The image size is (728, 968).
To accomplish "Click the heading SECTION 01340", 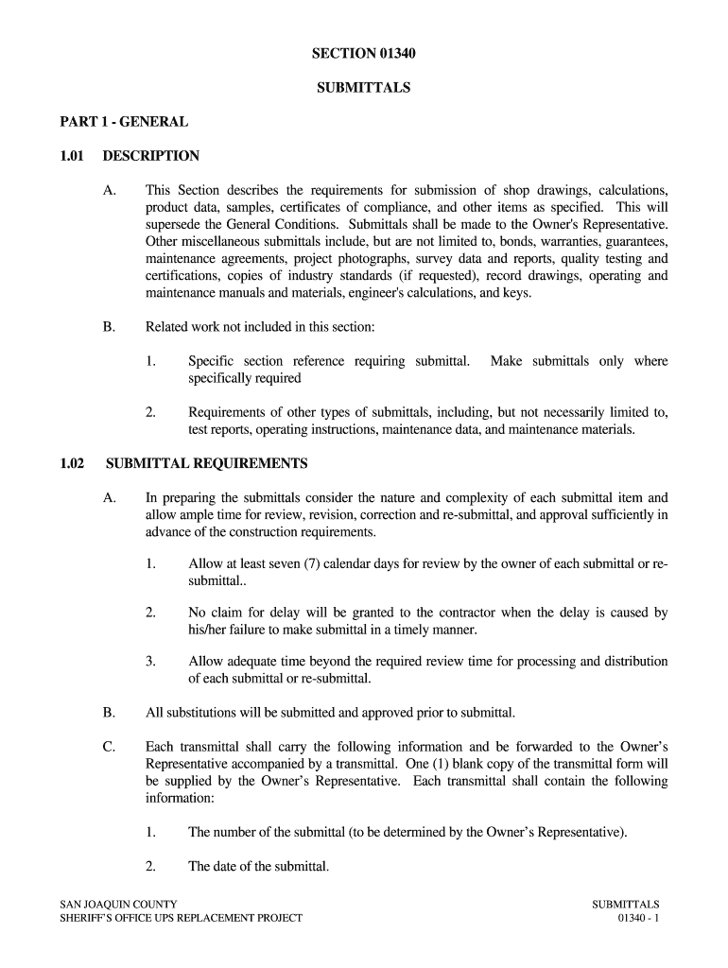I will pos(364,54).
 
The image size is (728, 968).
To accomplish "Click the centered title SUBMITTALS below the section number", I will pos(364,88).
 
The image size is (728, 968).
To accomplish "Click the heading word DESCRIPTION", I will pos(151,156).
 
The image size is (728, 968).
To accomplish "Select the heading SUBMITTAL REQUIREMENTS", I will pos(207,463).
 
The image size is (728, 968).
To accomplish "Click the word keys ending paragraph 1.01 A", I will pos(517,293).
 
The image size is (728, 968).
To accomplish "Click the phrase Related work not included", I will pos(219,327).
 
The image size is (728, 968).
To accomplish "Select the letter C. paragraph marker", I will pos(109,747).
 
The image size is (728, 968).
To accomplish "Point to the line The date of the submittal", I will pos(258,866).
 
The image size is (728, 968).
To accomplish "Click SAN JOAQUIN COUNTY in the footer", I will pos(118,905).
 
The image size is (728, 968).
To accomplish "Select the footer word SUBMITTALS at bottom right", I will pos(625,905).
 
